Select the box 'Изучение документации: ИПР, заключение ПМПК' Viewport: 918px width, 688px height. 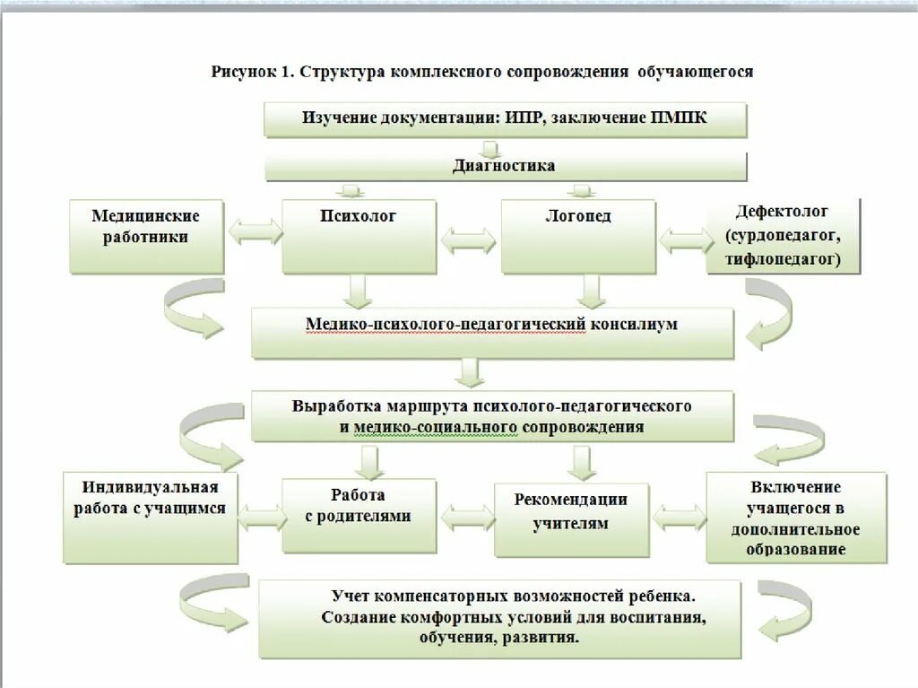505,119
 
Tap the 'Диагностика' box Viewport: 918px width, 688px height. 505,165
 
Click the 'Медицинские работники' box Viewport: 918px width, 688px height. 146,236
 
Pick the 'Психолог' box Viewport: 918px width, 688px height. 359,236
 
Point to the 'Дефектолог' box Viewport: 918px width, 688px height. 783,236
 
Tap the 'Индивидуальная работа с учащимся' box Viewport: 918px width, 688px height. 152,517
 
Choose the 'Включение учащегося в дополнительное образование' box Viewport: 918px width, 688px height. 795,518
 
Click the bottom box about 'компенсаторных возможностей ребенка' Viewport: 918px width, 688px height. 500,618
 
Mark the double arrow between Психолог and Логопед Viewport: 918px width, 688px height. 468,240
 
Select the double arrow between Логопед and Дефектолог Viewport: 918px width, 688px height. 683,239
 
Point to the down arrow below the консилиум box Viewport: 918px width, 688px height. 470,371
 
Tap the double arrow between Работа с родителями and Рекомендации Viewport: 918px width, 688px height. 466,518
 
